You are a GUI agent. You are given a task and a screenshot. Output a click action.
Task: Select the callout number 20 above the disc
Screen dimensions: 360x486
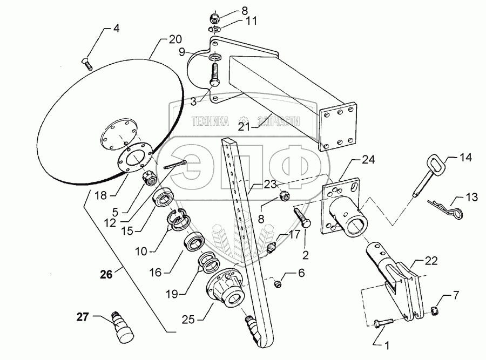(x=174, y=39)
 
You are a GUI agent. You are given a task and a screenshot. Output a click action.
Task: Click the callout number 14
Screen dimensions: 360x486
(x=465, y=158)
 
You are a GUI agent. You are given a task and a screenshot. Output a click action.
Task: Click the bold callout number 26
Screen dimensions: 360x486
(x=106, y=275)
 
